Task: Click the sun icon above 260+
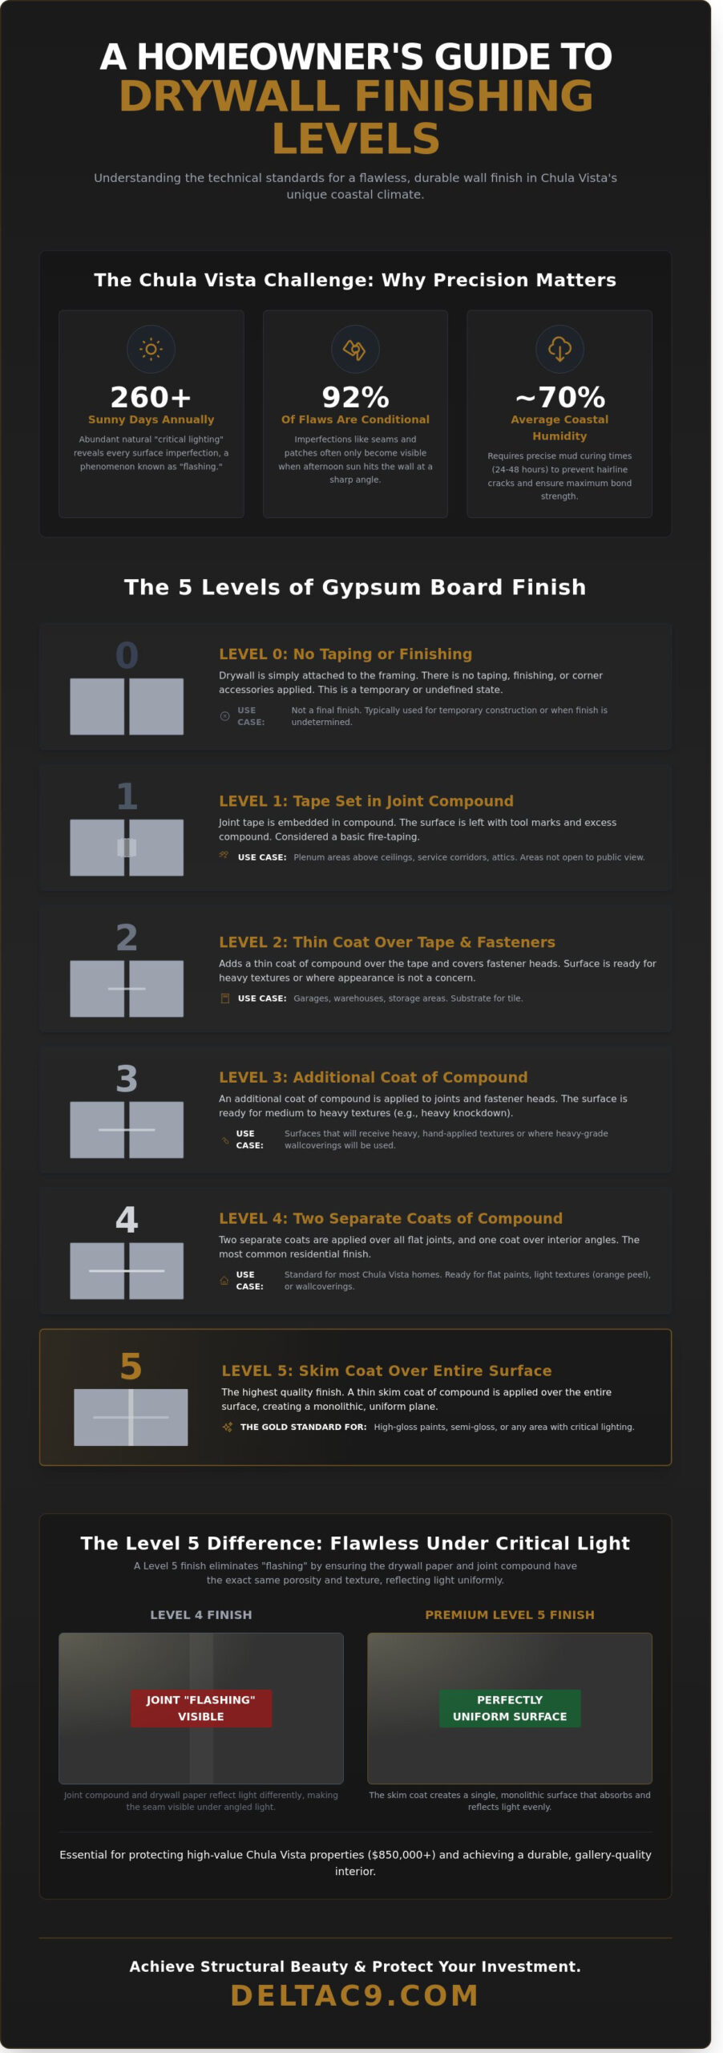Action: coord(151,349)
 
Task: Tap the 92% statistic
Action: coord(355,397)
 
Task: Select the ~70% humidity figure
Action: coord(559,397)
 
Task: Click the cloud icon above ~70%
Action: coord(559,349)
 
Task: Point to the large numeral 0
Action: coord(127,655)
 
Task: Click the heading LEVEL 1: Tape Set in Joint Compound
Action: coord(366,801)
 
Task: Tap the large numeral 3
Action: coord(127,1079)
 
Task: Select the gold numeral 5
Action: coord(131,1367)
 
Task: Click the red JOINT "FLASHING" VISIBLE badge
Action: coord(201,1708)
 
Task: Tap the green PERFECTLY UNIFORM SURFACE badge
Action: coord(510,1708)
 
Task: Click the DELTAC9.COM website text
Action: coord(355,1995)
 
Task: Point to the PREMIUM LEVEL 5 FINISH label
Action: coord(510,1614)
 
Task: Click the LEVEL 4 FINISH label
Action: coord(201,1614)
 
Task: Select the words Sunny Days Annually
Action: coord(151,419)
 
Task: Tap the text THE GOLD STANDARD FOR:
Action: coord(304,1427)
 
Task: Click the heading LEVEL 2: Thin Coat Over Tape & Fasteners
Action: coord(387,942)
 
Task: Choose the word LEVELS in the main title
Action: coord(356,139)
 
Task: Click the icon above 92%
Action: coord(355,349)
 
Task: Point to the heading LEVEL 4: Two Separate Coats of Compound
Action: coord(391,1218)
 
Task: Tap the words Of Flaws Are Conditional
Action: coord(355,419)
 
